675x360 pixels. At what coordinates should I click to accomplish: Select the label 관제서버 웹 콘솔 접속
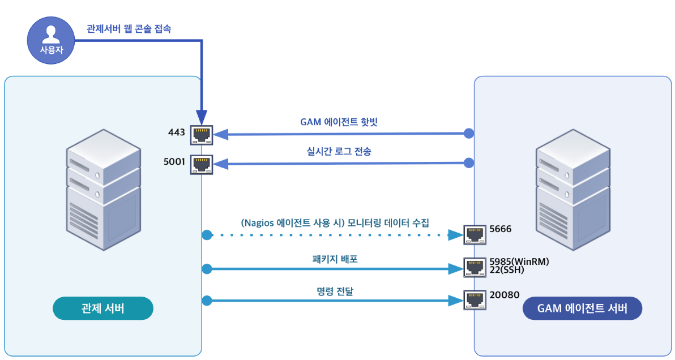point(129,29)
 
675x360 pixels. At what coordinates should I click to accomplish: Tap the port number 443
point(177,132)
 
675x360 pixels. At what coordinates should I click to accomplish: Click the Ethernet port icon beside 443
point(201,134)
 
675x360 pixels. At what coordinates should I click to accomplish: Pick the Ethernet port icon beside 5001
point(201,164)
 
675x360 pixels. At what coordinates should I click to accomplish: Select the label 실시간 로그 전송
point(338,151)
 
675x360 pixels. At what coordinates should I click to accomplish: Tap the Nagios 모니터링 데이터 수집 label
point(335,222)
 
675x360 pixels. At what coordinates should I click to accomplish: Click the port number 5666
point(501,229)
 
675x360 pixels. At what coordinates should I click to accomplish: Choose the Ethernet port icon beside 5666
point(474,234)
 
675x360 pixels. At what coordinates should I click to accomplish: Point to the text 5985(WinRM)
point(519,262)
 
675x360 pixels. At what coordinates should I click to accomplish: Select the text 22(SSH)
point(506,270)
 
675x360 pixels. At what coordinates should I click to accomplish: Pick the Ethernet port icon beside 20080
point(474,299)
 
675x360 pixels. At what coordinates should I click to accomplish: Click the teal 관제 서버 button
point(103,308)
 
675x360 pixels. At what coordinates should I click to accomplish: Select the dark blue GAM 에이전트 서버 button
point(582,308)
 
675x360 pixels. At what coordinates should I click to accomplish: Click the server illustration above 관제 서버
point(103,188)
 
